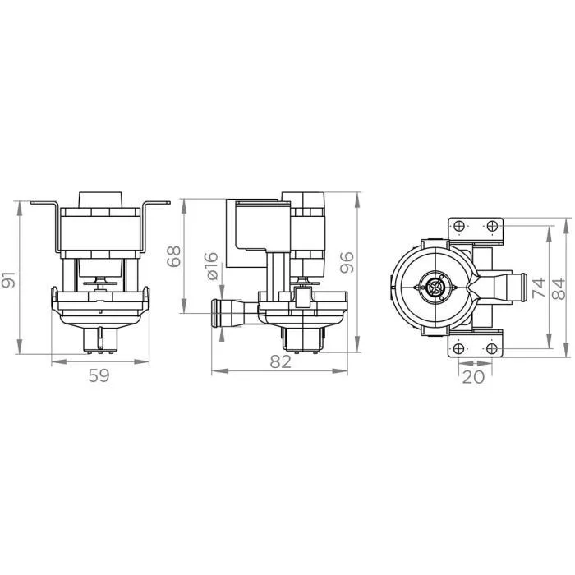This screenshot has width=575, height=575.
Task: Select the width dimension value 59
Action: (99, 375)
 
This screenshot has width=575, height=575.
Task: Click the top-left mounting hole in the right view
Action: (459, 226)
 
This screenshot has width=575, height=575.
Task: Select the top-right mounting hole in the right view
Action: (490, 226)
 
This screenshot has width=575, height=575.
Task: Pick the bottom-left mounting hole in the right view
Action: (459, 348)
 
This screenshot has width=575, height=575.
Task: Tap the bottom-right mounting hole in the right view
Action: (490, 348)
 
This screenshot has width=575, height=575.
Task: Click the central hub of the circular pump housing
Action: (435, 287)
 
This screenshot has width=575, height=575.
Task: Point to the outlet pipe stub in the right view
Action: (514, 287)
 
